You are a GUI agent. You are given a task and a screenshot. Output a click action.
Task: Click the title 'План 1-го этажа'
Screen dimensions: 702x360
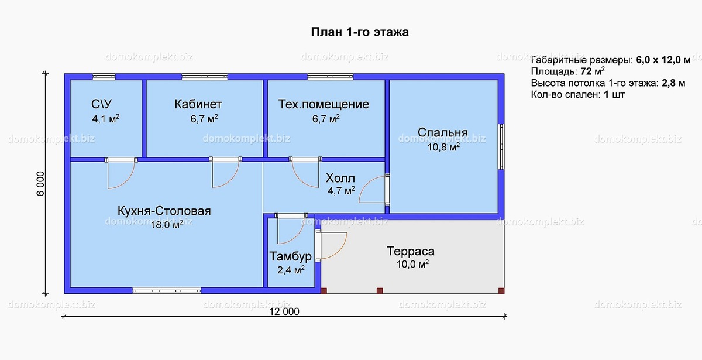(360, 32)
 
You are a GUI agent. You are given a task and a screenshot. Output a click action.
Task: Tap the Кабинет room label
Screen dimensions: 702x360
(198, 104)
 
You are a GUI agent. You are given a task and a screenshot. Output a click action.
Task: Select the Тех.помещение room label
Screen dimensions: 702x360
(324, 104)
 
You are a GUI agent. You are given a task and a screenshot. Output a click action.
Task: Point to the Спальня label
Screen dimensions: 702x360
(442, 132)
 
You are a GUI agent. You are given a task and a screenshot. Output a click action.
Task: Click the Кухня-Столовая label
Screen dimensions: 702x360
(164, 211)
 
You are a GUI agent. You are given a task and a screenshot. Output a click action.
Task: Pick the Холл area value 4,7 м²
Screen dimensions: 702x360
(341, 190)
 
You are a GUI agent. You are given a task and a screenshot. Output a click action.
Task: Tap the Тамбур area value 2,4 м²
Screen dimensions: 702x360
(291, 269)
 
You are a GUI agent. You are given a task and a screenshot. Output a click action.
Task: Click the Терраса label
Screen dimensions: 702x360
(411, 251)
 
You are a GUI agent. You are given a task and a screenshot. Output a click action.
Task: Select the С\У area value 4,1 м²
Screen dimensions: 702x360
(106, 118)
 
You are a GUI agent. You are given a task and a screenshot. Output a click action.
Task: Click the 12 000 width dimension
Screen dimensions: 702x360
(284, 311)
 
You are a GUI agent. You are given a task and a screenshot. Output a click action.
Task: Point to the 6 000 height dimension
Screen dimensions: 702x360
(41, 183)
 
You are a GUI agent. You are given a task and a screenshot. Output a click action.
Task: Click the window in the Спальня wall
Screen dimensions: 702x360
(501, 147)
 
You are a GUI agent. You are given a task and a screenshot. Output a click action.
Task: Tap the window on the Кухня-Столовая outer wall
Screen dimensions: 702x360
(167, 290)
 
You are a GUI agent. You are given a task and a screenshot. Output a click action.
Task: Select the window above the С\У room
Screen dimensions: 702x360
(104, 77)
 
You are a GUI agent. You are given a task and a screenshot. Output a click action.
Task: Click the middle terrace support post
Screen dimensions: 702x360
(380, 291)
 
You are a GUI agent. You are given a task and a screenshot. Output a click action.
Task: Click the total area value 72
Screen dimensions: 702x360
(586, 71)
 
